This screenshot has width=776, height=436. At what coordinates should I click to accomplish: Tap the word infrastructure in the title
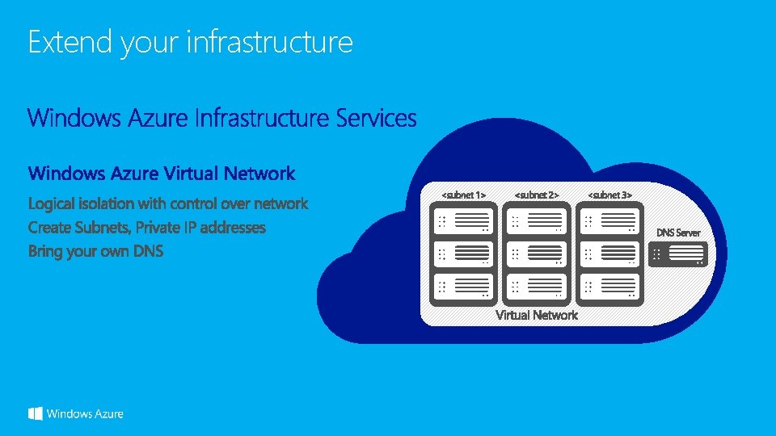click(x=269, y=42)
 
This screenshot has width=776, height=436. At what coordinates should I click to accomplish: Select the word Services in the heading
click(x=376, y=119)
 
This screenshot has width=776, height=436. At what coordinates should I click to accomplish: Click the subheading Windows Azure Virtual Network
click(x=162, y=173)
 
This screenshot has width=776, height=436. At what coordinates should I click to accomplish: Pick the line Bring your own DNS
click(x=95, y=251)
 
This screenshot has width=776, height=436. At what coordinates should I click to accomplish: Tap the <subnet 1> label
click(x=463, y=195)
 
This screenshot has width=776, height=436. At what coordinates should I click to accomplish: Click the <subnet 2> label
click(x=537, y=195)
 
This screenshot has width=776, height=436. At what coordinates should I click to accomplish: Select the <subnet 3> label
click(x=609, y=195)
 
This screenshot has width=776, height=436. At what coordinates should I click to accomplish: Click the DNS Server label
click(x=678, y=233)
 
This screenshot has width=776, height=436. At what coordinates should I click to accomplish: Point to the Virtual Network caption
click(x=537, y=315)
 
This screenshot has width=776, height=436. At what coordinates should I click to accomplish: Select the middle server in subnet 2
click(x=537, y=254)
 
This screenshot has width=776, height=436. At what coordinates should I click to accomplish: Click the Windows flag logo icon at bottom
click(x=36, y=413)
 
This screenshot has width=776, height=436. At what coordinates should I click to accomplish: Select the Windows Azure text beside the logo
click(x=85, y=414)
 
